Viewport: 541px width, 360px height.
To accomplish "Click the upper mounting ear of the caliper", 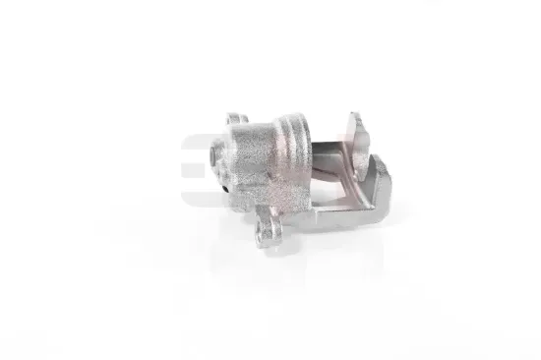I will [236, 122].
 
